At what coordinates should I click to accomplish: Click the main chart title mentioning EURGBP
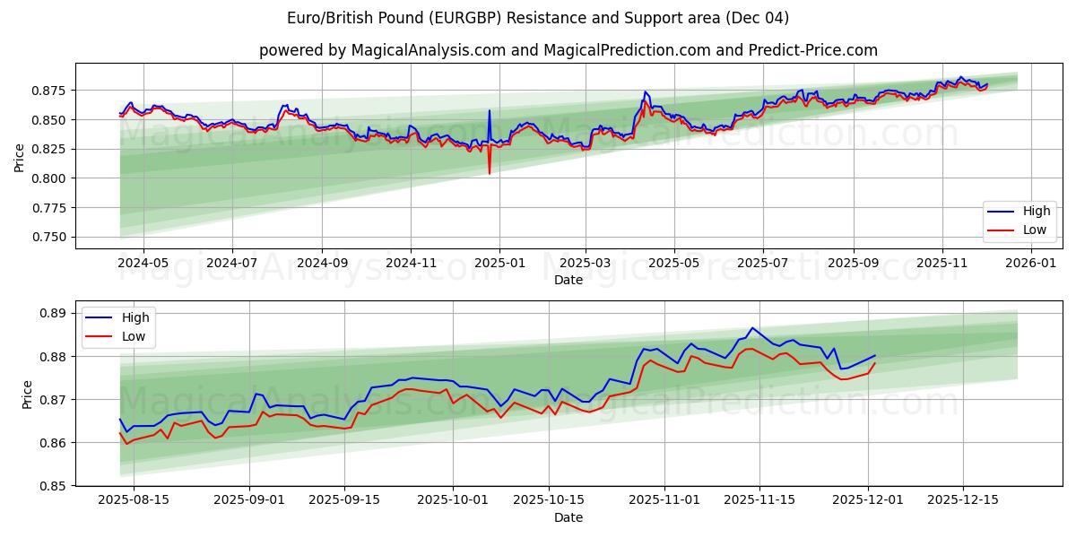(x=538, y=18)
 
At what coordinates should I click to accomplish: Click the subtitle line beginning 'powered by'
(x=568, y=50)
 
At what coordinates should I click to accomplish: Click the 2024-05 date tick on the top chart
(x=143, y=263)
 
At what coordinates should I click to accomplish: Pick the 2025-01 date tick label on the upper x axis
(x=499, y=263)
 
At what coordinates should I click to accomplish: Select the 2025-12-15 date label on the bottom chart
(x=964, y=500)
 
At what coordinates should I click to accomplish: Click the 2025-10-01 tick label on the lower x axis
(x=453, y=500)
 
